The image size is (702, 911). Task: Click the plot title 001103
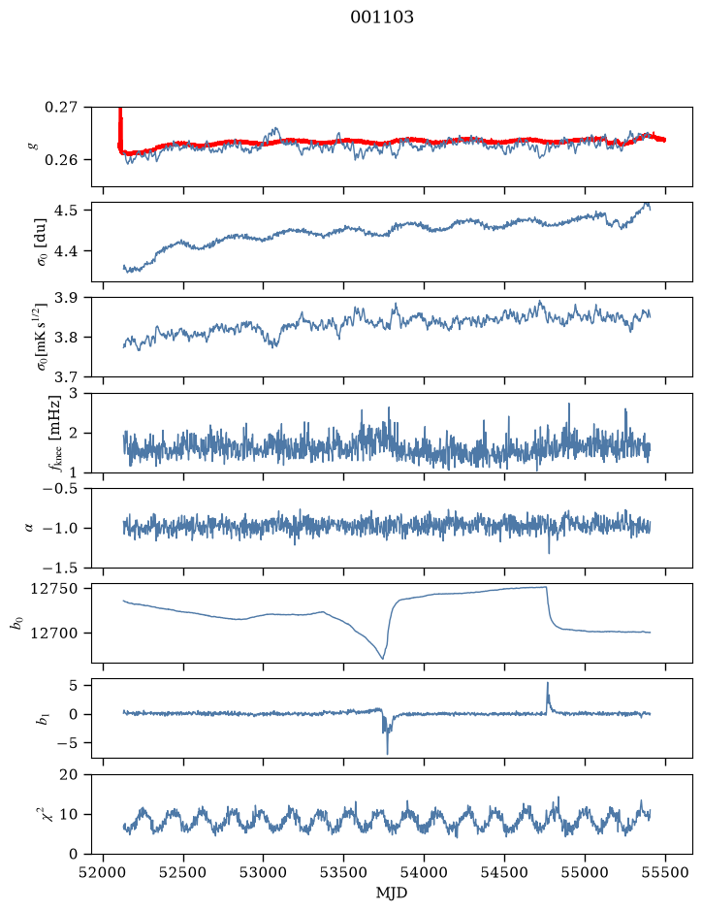click(381, 17)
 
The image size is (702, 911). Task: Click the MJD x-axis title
click(392, 893)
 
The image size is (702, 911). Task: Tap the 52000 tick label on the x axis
click(104, 872)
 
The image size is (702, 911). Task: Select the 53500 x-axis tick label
click(344, 872)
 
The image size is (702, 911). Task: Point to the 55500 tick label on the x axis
click(665, 872)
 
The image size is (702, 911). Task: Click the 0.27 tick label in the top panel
click(60, 108)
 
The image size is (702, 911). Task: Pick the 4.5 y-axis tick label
click(67, 211)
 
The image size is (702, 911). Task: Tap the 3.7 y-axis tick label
click(67, 377)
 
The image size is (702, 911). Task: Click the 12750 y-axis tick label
click(54, 589)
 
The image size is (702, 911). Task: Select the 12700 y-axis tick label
click(54, 634)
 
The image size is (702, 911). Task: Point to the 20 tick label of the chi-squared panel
click(69, 775)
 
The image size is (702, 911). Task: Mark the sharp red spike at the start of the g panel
click(120, 125)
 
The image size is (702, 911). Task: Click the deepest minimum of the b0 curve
click(383, 658)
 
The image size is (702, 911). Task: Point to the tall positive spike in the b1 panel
click(547, 684)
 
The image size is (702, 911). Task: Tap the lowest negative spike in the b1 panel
click(387, 753)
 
